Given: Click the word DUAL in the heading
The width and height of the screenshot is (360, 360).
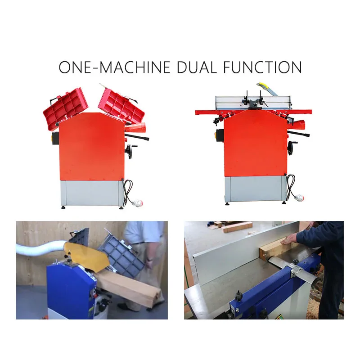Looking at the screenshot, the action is tap(197, 67).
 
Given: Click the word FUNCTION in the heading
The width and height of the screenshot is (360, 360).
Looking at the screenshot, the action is tap(262, 67).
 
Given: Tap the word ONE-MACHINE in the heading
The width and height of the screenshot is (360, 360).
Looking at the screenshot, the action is tap(114, 67).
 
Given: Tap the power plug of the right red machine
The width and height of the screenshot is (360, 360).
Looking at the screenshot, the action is tap(299, 197).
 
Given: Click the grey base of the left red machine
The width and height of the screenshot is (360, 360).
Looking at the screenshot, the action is tap(92, 193).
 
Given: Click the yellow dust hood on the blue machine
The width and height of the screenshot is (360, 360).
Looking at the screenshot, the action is tap(86, 256).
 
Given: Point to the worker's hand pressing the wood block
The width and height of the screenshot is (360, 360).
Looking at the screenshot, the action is tap(290, 238).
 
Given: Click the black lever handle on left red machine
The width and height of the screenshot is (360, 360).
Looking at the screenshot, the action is tap(137, 137).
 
